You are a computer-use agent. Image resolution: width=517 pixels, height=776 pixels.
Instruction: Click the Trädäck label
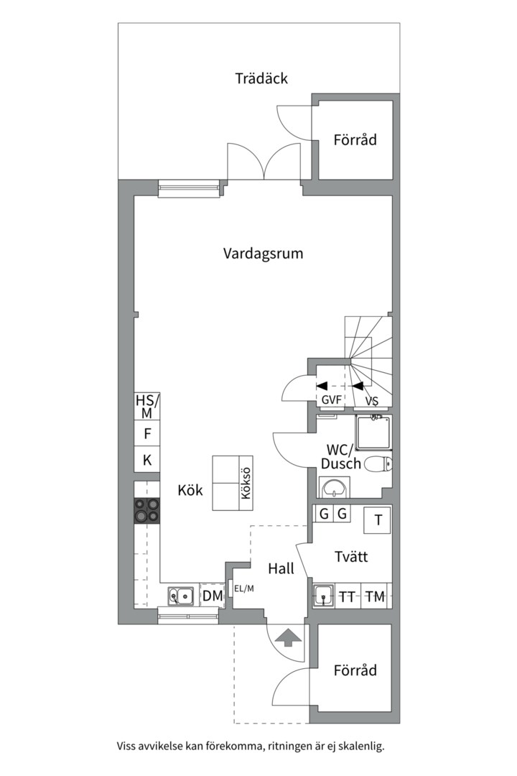tap(261, 78)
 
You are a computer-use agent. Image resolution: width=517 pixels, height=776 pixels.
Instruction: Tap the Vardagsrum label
tap(263, 254)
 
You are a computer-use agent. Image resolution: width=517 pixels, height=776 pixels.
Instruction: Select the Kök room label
tap(190, 491)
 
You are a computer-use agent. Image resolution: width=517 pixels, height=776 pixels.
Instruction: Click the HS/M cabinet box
tap(146, 407)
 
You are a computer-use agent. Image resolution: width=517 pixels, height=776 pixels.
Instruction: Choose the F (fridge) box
tap(146, 434)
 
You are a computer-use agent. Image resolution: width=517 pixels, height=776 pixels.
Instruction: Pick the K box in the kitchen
tap(146, 461)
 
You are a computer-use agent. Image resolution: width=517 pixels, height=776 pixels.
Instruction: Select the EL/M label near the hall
tap(244, 589)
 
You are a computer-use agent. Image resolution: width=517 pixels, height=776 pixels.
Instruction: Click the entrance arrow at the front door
tap(287, 637)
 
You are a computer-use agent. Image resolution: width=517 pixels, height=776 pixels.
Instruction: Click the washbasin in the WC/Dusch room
tap(332, 490)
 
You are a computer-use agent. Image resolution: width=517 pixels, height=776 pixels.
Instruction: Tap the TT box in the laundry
tap(348, 596)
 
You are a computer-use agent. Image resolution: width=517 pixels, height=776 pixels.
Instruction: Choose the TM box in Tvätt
tap(375, 596)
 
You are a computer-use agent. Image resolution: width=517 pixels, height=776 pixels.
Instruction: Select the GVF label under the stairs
tap(331, 401)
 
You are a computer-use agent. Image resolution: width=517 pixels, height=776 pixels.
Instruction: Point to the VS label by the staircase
tap(372, 401)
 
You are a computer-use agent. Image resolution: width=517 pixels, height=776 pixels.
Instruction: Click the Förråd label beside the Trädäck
tap(355, 140)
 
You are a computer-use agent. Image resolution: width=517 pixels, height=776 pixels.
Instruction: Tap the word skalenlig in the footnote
tap(359, 747)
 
